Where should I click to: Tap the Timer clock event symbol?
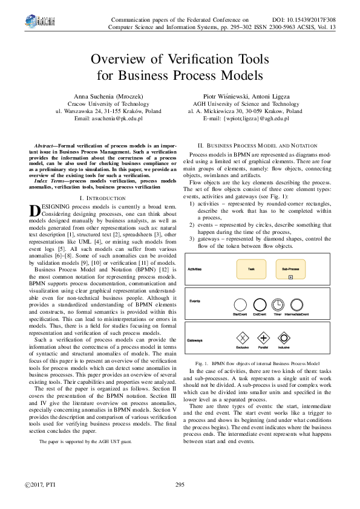coord(278,305)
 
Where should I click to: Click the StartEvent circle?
coord(240,305)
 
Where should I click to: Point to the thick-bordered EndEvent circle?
coord(259,305)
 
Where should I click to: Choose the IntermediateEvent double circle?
coord(296,305)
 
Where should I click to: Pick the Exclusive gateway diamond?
coord(243,338)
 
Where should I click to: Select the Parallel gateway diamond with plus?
coord(263,338)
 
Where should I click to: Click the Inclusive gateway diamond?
coord(283,338)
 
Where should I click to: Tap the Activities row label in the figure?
coord(195,268)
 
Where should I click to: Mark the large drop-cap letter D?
coord(36,177)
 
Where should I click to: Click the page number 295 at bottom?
coord(180,485)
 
